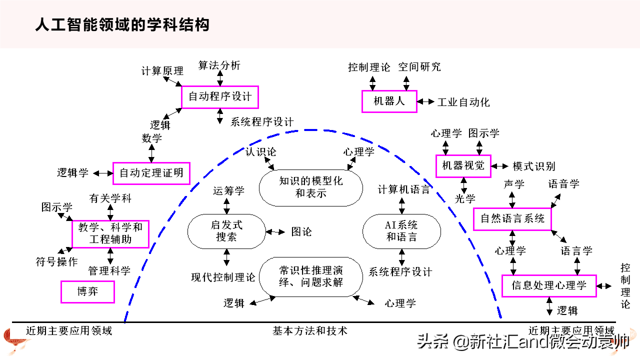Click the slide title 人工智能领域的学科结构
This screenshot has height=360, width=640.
click(x=122, y=25)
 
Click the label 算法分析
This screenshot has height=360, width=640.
click(x=219, y=65)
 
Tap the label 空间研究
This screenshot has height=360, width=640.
click(x=419, y=67)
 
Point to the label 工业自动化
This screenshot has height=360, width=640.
click(x=463, y=102)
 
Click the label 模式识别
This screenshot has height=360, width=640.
click(x=534, y=166)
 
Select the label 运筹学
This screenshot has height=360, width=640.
click(x=228, y=191)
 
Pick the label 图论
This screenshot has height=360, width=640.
click(x=301, y=231)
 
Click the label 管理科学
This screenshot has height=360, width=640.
click(x=109, y=271)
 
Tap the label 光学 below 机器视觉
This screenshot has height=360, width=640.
click(x=465, y=198)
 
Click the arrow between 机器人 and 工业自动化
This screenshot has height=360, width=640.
click(x=425, y=101)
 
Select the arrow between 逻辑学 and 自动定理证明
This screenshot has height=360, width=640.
click(x=103, y=173)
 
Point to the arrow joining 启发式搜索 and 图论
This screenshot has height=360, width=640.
click(x=275, y=232)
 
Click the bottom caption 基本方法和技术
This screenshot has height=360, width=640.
click(x=310, y=331)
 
